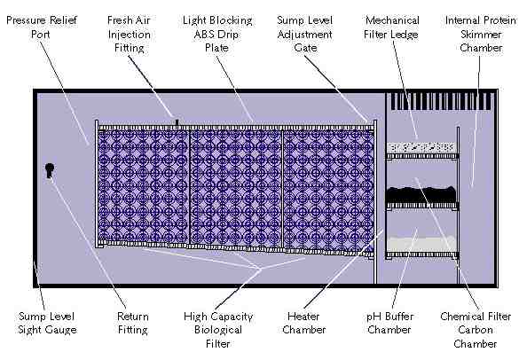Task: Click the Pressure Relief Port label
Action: click(42, 27)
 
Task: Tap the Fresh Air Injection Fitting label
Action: click(130, 34)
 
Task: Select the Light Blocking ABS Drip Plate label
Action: click(217, 34)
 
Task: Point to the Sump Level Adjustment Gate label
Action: click(305, 34)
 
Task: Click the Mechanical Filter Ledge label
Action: click(391, 27)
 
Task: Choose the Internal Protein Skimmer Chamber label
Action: click(481, 34)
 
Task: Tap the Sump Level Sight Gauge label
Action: click(47, 323)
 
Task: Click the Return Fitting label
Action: click(133, 323)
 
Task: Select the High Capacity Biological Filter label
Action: click(218, 330)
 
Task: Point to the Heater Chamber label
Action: click(303, 323)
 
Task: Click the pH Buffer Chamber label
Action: click(389, 323)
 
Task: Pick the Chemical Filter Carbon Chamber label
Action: click(476, 330)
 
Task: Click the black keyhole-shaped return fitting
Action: click(50, 170)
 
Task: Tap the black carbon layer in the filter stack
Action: click(421, 195)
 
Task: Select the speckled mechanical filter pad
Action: click(421, 147)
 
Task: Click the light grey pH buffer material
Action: click(421, 244)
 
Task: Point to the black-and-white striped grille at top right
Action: click(441, 101)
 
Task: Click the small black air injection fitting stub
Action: click(177, 122)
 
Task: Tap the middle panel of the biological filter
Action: click(236, 188)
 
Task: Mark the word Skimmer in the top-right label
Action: click(481, 34)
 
